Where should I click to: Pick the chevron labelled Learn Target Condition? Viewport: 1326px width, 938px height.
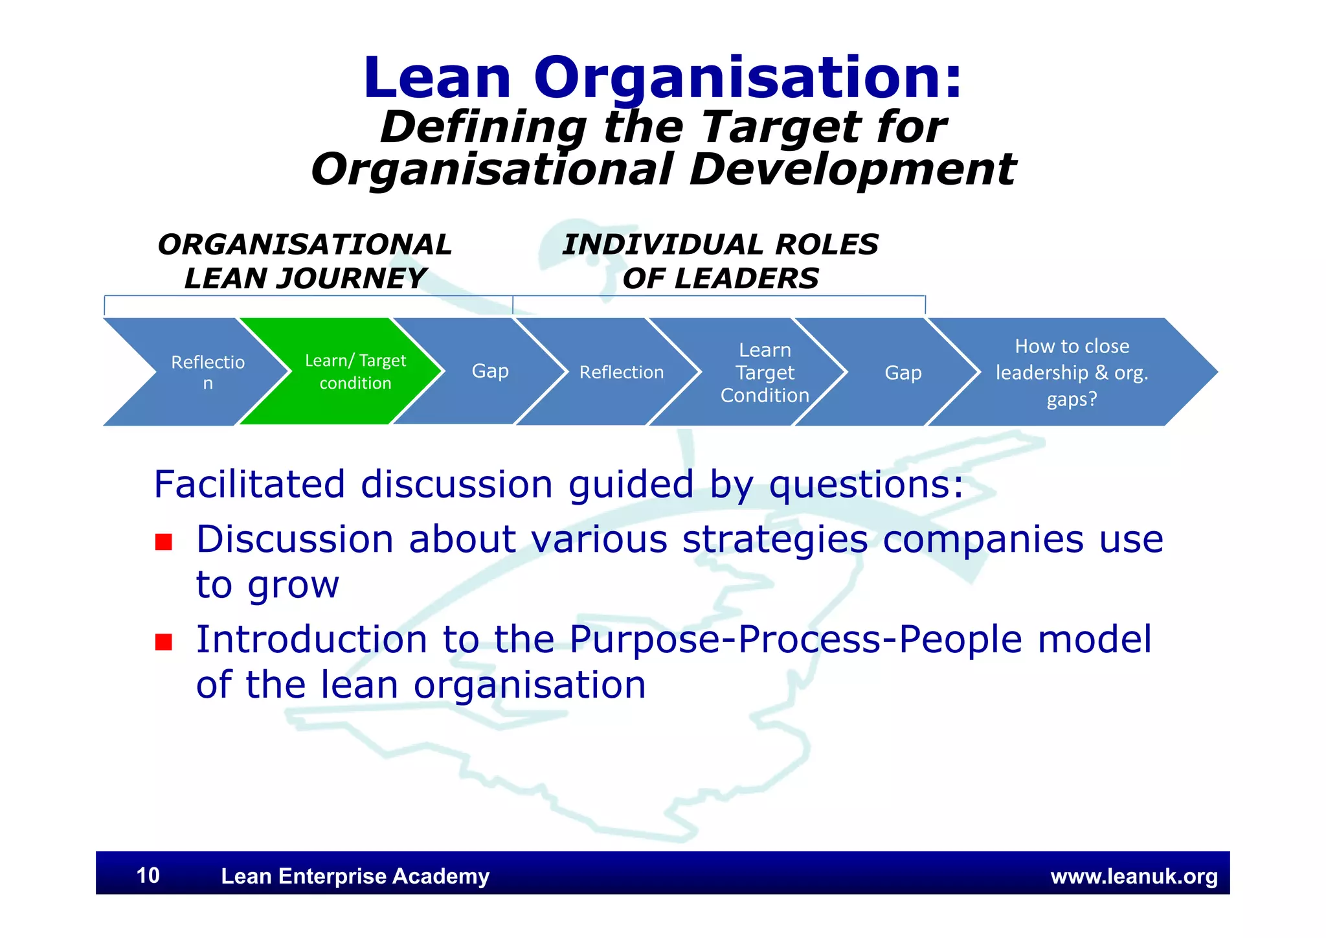[x=765, y=372]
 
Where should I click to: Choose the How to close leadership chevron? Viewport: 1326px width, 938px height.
[x=1072, y=372]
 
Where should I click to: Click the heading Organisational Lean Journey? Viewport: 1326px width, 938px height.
[x=305, y=261]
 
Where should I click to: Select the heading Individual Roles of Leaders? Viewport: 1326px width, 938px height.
[x=720, y=261]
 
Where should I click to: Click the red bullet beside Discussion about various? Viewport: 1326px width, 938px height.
[x=164, y=542]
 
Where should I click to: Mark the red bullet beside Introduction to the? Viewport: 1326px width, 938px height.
[x=164, y=641]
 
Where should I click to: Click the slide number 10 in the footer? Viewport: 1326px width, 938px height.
[x=148, y=875]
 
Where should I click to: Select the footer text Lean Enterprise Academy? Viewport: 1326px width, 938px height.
[x=355, y=876]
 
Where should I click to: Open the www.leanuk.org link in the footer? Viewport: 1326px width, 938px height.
[x=1134, y=876]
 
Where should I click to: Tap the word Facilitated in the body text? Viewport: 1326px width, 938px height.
[x=249, y=484]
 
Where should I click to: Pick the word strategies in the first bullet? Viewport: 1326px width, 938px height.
[x=775, y=540]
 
